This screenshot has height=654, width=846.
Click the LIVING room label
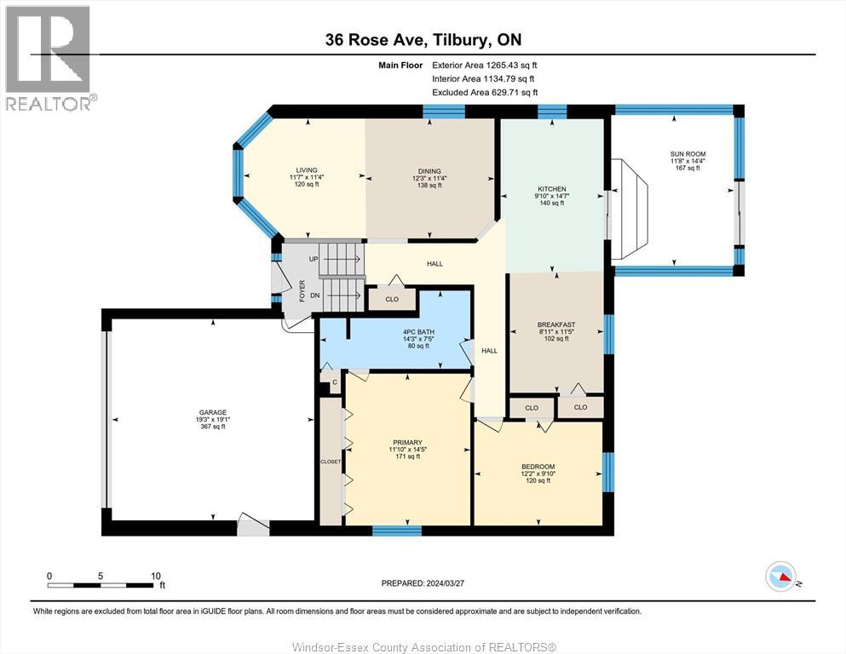coord(306,170)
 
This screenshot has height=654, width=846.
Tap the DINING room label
coord(429,170)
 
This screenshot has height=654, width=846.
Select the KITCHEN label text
coord(551,189)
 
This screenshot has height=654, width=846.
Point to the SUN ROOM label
coord(687,154)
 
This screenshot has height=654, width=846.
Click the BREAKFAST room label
coord(555,324)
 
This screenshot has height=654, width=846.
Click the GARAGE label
coord(212,412)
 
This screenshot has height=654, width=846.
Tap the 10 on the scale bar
coord(156,576)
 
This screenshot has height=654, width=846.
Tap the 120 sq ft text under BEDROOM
coord(538,481)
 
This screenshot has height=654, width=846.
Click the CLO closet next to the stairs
coord(392,299)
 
